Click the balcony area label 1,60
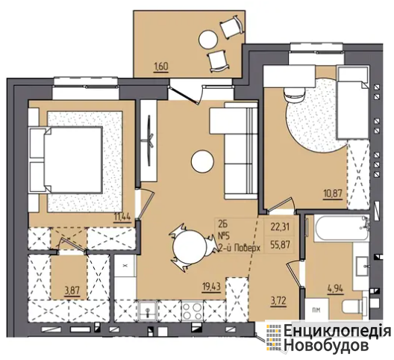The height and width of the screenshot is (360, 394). (161, 66)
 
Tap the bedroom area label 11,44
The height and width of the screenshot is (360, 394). (122, 217)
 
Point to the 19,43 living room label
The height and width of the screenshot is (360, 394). (212, 287)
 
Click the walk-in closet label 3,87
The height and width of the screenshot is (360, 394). (72, 291)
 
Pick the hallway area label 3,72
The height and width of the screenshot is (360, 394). (278, 300)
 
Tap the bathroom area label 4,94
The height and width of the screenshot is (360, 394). (335, 289)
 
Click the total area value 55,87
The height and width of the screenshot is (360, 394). (280, 243)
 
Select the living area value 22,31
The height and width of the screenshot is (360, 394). (280, 227)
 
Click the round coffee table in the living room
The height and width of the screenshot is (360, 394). (202, 161)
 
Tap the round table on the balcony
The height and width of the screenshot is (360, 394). (207, 40)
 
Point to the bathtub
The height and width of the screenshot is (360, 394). (338, 229)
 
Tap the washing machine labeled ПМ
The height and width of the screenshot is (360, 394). (317, 309)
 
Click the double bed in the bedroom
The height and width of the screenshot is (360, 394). (66, 161)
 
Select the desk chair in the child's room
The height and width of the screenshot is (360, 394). (294, 94)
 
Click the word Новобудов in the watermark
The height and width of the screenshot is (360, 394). (326, 346)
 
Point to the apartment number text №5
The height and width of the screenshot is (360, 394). (225, 236)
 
